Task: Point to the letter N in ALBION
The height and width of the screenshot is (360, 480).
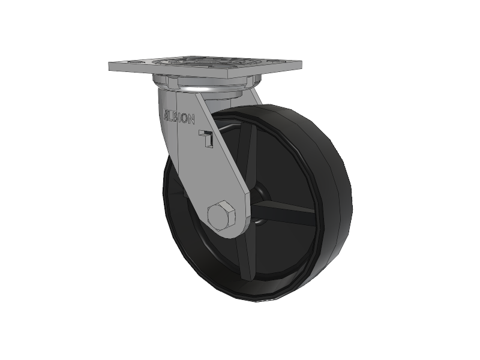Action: [x=191, y=119]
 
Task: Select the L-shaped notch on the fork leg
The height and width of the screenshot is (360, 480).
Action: [x=206, y=138]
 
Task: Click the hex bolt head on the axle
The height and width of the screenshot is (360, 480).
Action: [x=221, y=215]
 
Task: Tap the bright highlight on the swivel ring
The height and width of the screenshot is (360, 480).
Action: [x=202, y=89]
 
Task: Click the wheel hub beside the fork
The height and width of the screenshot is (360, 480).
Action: [x=259, y=203]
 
